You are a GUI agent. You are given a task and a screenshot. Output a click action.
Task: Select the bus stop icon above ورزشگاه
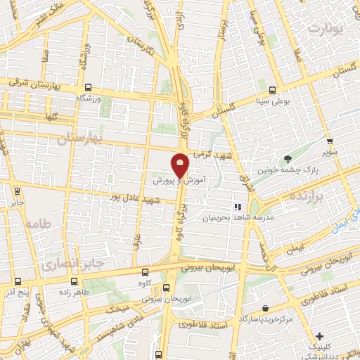pos(88,88)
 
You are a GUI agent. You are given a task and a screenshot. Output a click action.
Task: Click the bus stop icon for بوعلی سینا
pos(272,90)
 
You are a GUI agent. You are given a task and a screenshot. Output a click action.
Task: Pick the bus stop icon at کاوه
pos(145,273)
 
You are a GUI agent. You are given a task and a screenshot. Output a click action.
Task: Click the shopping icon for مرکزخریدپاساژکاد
pos(264,309)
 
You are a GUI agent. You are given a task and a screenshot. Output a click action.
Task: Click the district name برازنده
pos(323,198)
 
